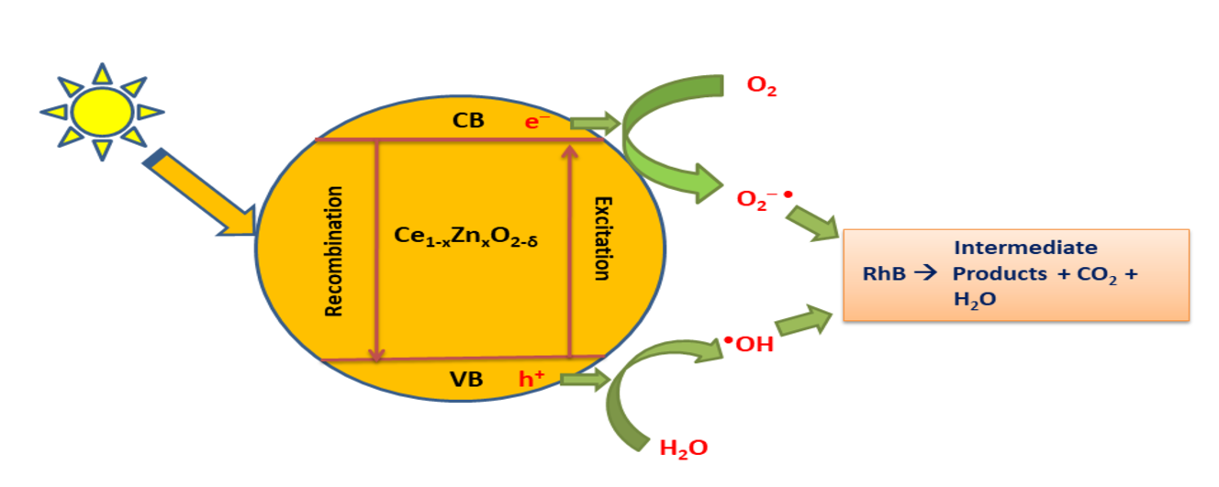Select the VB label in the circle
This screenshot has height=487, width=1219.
[x=466, y=379]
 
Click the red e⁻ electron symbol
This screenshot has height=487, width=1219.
[x=537, y=121]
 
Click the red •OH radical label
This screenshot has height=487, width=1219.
[x=749, y=345]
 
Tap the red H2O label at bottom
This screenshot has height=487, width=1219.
[x=684, y=448]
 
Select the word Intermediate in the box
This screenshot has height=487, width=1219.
[x=1024, y=248]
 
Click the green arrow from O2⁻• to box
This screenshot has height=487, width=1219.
[x=813, y=223]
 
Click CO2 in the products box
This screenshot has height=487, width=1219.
[x=1096, y=273]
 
